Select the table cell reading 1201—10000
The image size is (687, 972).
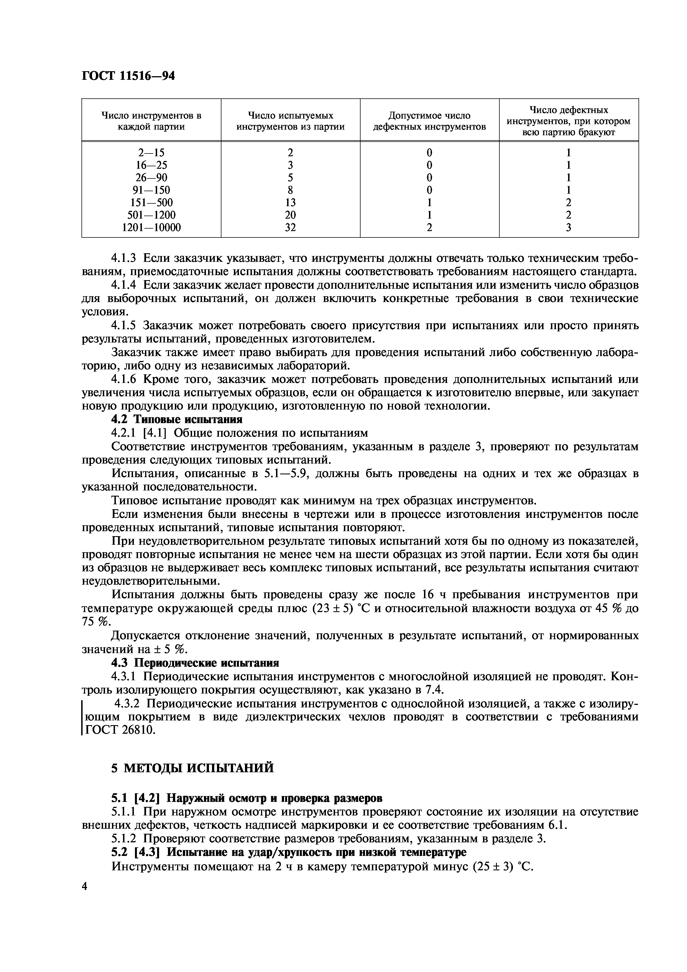(151, 228)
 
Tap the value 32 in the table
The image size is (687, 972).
(290, 228)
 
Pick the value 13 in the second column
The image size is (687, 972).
(290, 202)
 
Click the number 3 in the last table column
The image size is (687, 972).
(568, 228)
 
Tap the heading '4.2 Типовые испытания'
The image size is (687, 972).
(177, 420)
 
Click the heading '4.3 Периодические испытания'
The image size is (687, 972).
(195, 663)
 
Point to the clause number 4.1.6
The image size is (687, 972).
(125, 379)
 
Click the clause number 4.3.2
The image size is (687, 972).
(129, 703)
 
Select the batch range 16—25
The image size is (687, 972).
(151, 165)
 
